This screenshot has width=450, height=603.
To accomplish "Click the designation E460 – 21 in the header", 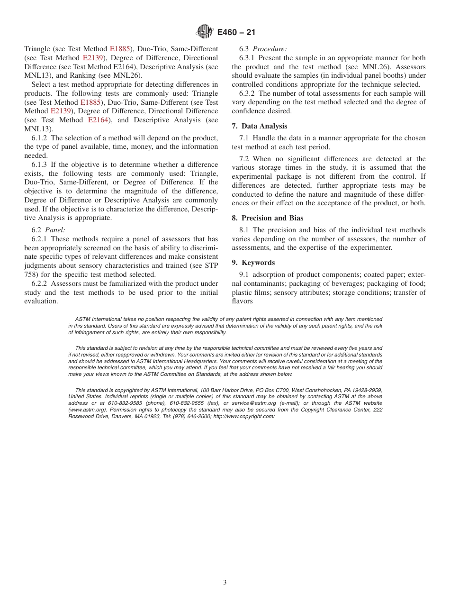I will (236, 33).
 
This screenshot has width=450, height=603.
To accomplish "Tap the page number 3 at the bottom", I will (225, 583).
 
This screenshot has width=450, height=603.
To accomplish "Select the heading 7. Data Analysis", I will (260, 126).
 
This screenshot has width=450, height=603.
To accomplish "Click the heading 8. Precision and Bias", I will (268, 218).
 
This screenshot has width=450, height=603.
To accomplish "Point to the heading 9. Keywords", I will (253, 263).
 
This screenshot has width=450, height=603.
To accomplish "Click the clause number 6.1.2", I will (40, 138).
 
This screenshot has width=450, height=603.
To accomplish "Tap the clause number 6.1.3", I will (40, 164).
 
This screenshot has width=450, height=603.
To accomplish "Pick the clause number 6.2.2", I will (40, 283).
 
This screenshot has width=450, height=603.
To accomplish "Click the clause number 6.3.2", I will (248, 93).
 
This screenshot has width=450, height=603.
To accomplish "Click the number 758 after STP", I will (31, 274).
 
